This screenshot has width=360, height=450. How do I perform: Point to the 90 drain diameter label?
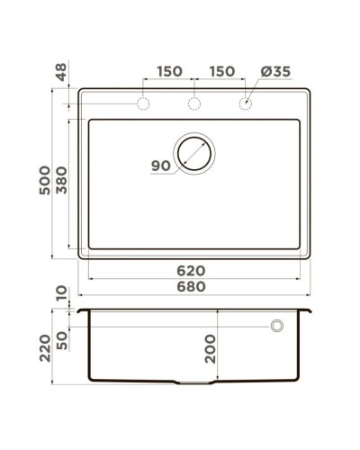click(161, 166)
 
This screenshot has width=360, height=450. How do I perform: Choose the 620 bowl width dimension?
click(191, 271)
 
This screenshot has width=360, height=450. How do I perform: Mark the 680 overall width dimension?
click(191, 287)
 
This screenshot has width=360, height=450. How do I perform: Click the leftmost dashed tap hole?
click(142, 104)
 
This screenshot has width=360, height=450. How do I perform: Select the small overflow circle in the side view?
click(277, 325)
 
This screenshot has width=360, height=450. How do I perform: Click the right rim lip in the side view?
click(310, 310)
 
